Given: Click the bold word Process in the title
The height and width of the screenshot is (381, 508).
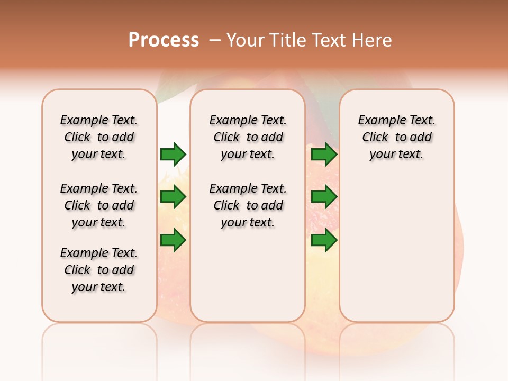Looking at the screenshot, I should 164,40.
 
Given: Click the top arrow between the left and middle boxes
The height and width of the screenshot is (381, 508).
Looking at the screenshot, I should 173,154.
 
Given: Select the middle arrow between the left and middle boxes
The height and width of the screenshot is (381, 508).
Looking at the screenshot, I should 173,197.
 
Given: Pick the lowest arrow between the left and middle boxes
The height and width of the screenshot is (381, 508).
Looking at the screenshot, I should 173,240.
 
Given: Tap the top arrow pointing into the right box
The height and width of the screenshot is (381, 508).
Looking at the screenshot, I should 324,154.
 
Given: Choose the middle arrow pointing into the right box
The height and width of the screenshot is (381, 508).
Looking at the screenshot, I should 324,197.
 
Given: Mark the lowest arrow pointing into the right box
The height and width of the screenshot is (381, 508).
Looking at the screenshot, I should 324,240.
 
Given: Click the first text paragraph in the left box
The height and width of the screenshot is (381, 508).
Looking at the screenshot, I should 99,137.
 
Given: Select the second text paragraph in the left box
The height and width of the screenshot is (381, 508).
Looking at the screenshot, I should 99,205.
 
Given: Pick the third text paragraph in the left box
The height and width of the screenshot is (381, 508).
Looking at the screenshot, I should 99,270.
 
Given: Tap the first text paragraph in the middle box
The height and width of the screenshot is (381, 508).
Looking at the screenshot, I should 248,137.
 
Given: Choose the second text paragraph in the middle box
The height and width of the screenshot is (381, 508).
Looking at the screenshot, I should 248,205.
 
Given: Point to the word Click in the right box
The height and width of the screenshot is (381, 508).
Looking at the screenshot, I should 375,137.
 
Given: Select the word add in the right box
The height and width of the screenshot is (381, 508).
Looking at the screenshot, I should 421,137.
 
